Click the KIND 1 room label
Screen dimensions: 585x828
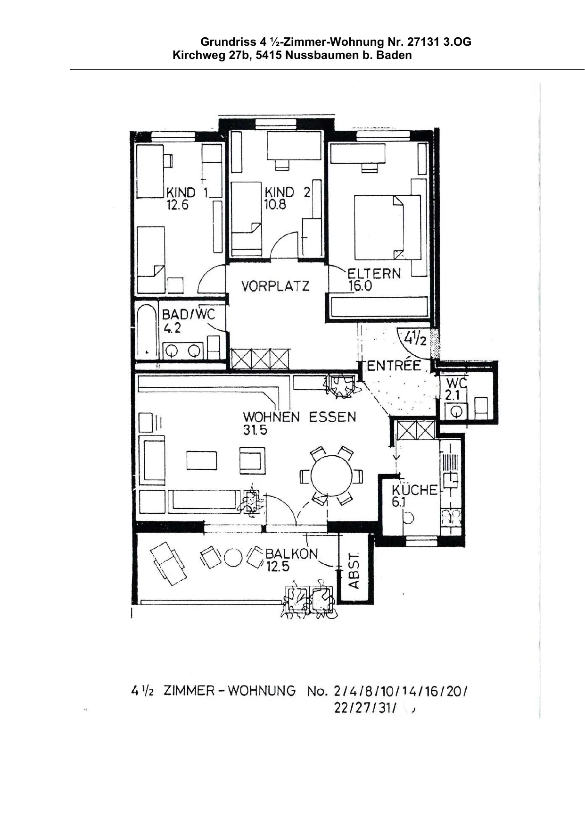(187, 192)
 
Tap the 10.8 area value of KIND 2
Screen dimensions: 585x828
(275, 205)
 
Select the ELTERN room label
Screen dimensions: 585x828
(374, 274)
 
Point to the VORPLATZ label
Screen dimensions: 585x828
(275, 286)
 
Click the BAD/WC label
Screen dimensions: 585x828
(188, 314)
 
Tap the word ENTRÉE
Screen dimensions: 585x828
(394, 366)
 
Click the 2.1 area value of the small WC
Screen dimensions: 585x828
(452, 395)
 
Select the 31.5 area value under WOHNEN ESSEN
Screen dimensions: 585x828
(255, 430)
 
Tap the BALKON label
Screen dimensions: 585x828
(292, 553)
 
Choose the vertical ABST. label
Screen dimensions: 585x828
(354, 571)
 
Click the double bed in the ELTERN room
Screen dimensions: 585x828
(387, 227)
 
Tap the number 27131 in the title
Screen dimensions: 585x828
(424, 42)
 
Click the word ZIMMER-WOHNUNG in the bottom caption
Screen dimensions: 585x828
(230, 691)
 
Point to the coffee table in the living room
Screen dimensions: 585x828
(202, 460)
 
